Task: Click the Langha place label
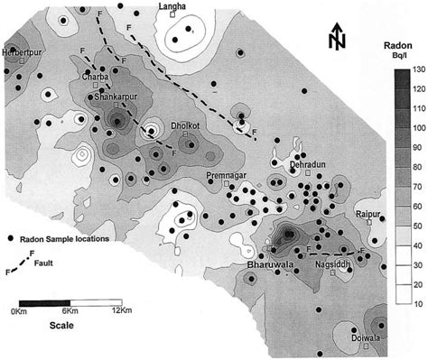click(x=172, y=6)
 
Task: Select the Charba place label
click(x=95, y=78)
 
